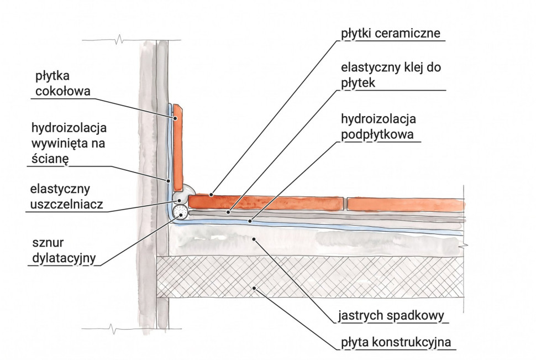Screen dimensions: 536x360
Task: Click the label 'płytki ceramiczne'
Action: pyautogui.click(x=390, y=34)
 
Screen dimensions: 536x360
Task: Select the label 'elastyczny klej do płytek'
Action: pyautogui.click(x=391, y=75)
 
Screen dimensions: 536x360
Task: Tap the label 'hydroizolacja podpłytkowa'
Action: pyautogui.click(x=379, y=127)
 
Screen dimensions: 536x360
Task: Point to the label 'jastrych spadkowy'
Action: pyautogui.click(x=391, y=316)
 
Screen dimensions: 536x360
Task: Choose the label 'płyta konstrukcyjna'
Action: pyautogui.click(x=396, y=342)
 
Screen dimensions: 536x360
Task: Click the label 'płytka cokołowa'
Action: pyautogui.click(x=63, y=84)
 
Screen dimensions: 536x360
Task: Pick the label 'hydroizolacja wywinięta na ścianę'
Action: pyautogui.click(x=69, y=143)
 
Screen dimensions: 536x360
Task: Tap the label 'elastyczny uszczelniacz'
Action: pyautogui.click(x=66, y=197)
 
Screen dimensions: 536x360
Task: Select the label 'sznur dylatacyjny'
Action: pyautogui.click(x=64, y=251)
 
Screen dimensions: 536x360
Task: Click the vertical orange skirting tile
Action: pyautogui.click(x=178, y=148)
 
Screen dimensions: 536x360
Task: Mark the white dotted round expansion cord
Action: pyautogui.click(x=180, y=212)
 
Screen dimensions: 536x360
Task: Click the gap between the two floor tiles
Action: pyautogui.click(x=345, y=204)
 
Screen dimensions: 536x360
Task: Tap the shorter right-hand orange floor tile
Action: pyautogui.click(x=406, y=205)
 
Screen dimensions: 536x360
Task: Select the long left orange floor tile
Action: pyautogui.click(x=266, y=202)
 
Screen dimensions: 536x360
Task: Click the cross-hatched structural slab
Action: pyautogui.click(x=309, y=277)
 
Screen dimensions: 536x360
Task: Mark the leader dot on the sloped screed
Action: pyautogui.click(x=253, y=239)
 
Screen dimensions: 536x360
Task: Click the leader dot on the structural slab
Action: pyautogui.click(x=254, y=288)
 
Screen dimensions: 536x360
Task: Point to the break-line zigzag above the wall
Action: pyautogui.click(x=119, y=40)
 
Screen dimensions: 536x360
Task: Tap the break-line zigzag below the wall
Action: pyautogui.click(x=113, y=329)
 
